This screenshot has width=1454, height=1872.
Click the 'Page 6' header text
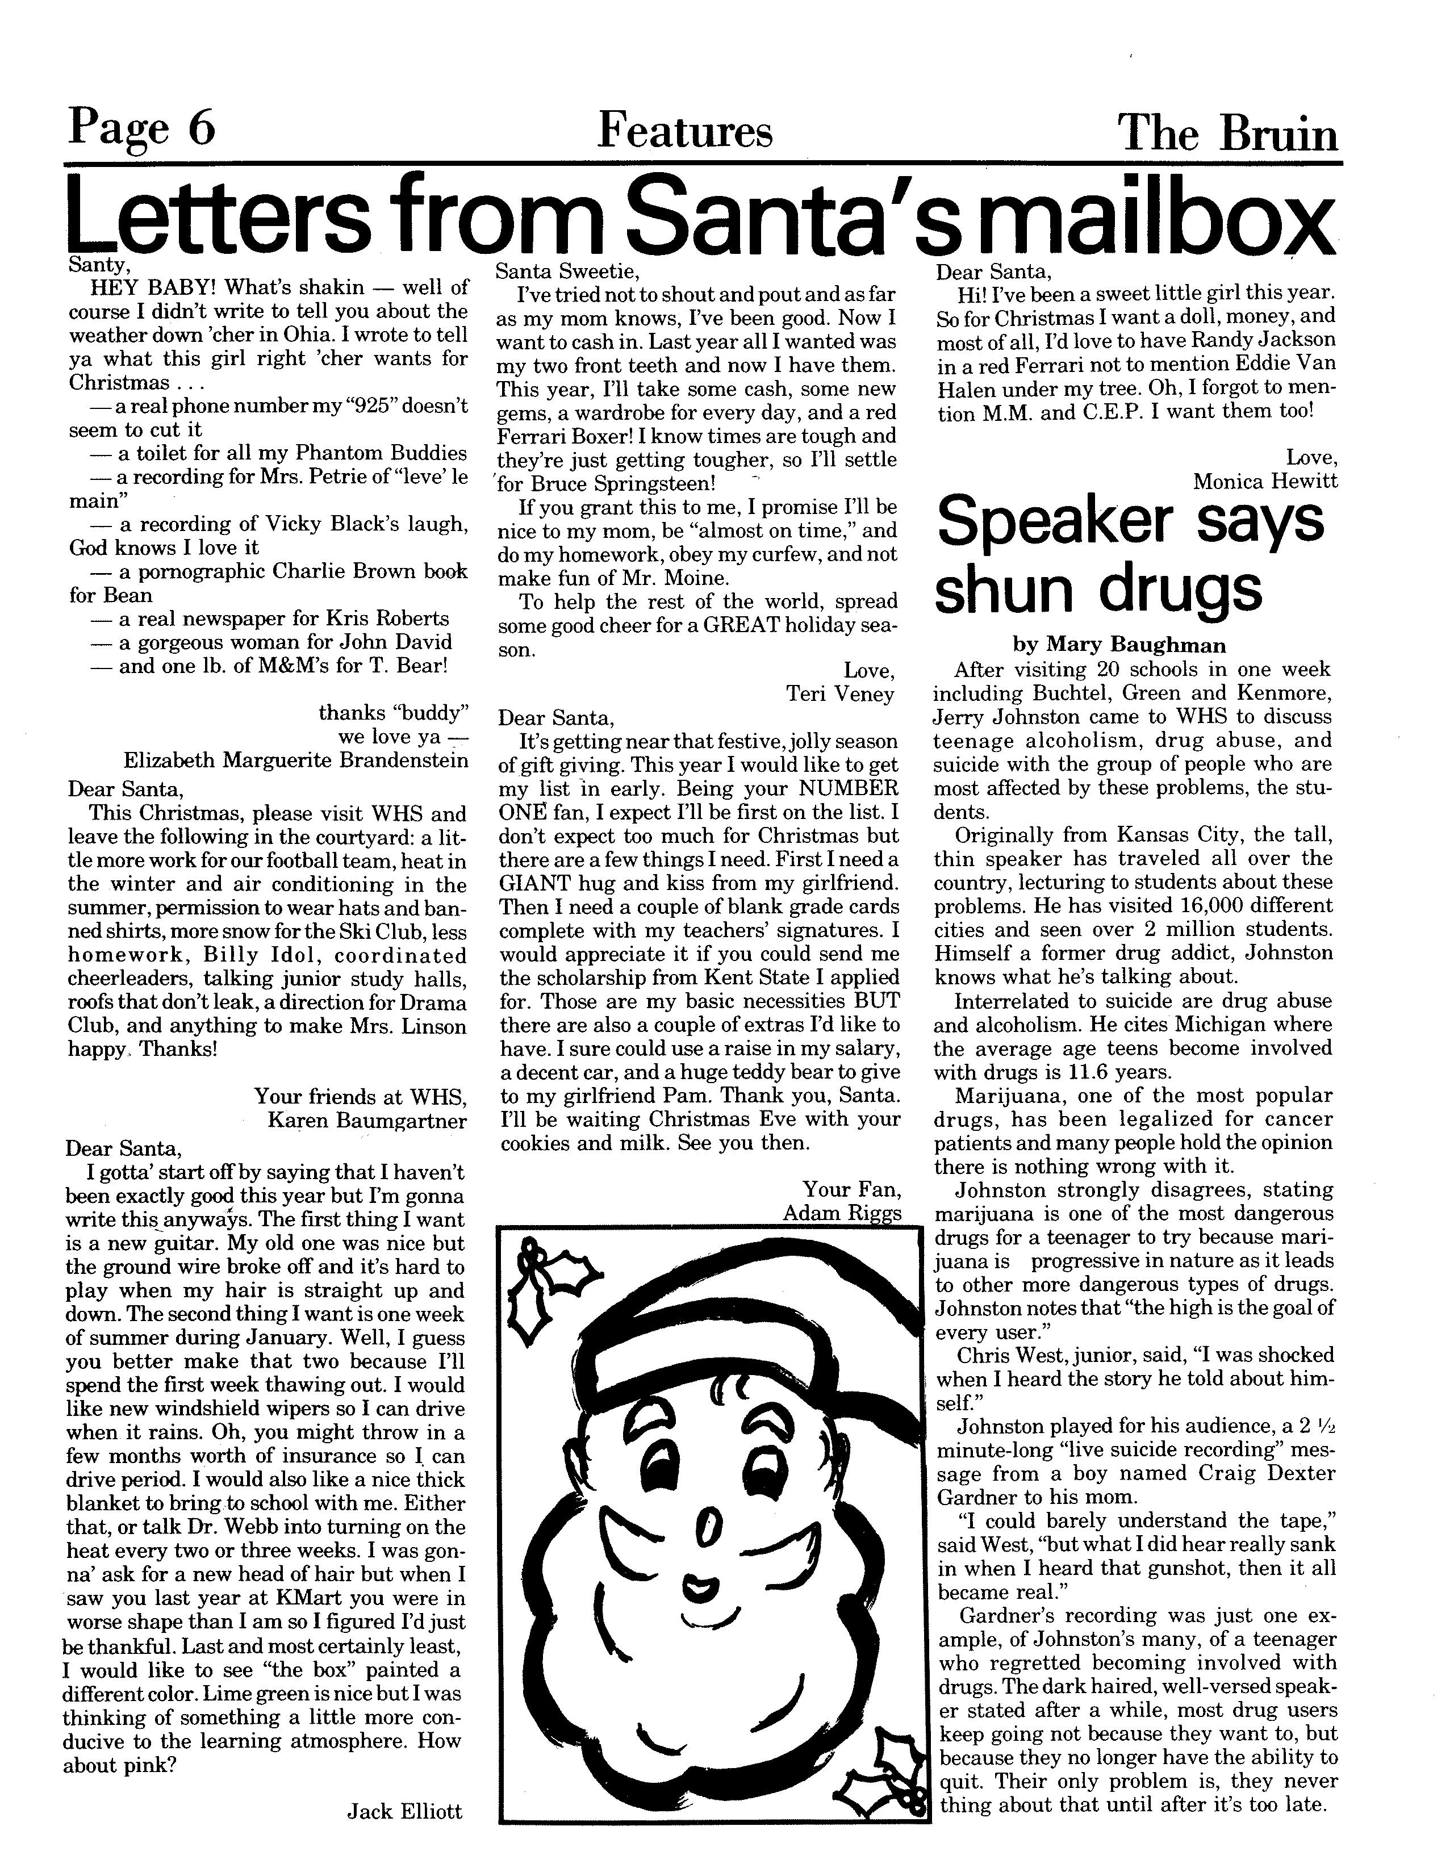click(x=141, y=128)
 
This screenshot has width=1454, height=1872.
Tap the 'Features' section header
click(x=684, y=131)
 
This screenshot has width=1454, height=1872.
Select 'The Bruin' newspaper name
click(x=1228, y=133)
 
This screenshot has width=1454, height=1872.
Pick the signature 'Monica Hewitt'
click(x=1264, y=481)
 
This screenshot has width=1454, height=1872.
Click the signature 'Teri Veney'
click(x=840, y=693)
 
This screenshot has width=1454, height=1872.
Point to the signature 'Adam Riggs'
click(x=842, y=1212)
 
